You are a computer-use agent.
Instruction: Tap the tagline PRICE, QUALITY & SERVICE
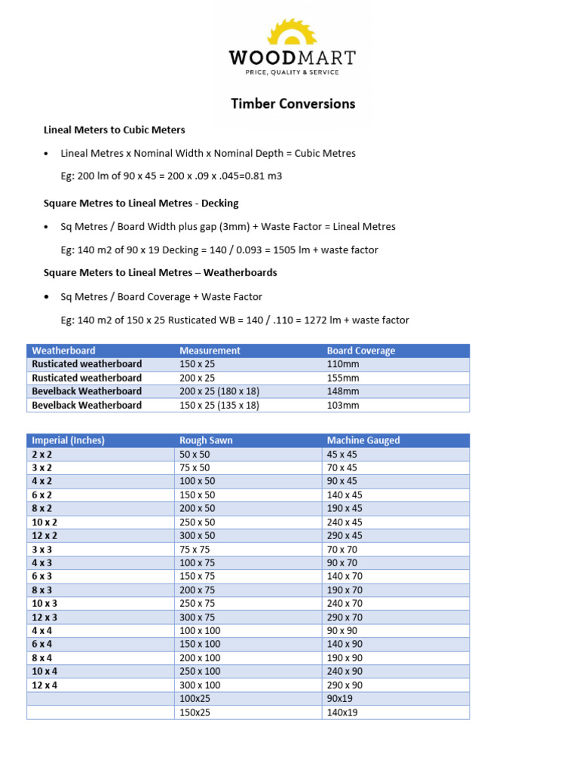tap(292, 72)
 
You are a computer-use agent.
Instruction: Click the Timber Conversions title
tap(293, 104)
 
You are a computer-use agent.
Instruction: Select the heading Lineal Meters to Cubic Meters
tap(114, 130)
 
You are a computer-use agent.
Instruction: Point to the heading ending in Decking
tap(141, 203)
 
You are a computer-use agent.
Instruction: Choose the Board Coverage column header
tap(360, 351)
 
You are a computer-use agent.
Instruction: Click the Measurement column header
tap(210, 351)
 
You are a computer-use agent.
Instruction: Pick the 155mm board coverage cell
tap(343, 378)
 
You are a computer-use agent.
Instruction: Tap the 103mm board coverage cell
tap(343, 405)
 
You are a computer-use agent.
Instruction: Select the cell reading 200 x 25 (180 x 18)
tap(219, 391)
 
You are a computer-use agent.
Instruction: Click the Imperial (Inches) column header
tap(68, 440)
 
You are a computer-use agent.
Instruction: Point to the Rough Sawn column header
tap(206, 440)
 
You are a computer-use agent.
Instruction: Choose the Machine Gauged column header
tap(363, 440)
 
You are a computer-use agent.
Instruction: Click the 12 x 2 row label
tap(44, 535)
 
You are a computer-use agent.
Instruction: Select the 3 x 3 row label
tap(42, 549)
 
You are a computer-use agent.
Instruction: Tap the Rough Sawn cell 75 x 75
tap(195, 549)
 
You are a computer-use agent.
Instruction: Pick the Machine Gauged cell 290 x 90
tap(345, 685)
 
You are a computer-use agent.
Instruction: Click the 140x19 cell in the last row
tap(342, 712)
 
